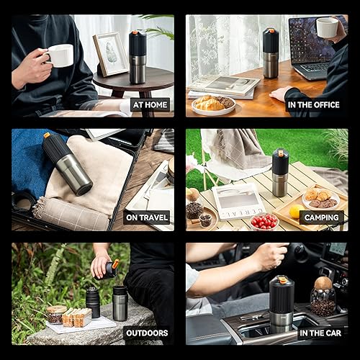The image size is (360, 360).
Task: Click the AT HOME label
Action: [x=150, y=104]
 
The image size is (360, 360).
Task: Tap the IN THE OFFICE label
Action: [x=314, y=104]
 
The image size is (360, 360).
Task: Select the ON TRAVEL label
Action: [x=146, y=217]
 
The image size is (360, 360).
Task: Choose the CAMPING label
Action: [x=320, y=217]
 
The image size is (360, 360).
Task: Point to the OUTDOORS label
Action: [x=146, y=333]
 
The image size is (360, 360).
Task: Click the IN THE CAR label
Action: [x=320, y=333]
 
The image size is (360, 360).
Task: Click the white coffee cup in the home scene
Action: [x=60, y=55]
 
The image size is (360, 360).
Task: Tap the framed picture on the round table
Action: [x=110, y=54]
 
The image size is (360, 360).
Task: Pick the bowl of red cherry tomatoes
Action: [x=264, y=221]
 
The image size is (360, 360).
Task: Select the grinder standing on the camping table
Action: [x=280, y=173]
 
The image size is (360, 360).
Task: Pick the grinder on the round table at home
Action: [x=137, y=58]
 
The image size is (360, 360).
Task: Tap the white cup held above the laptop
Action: [x=328, y=27]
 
